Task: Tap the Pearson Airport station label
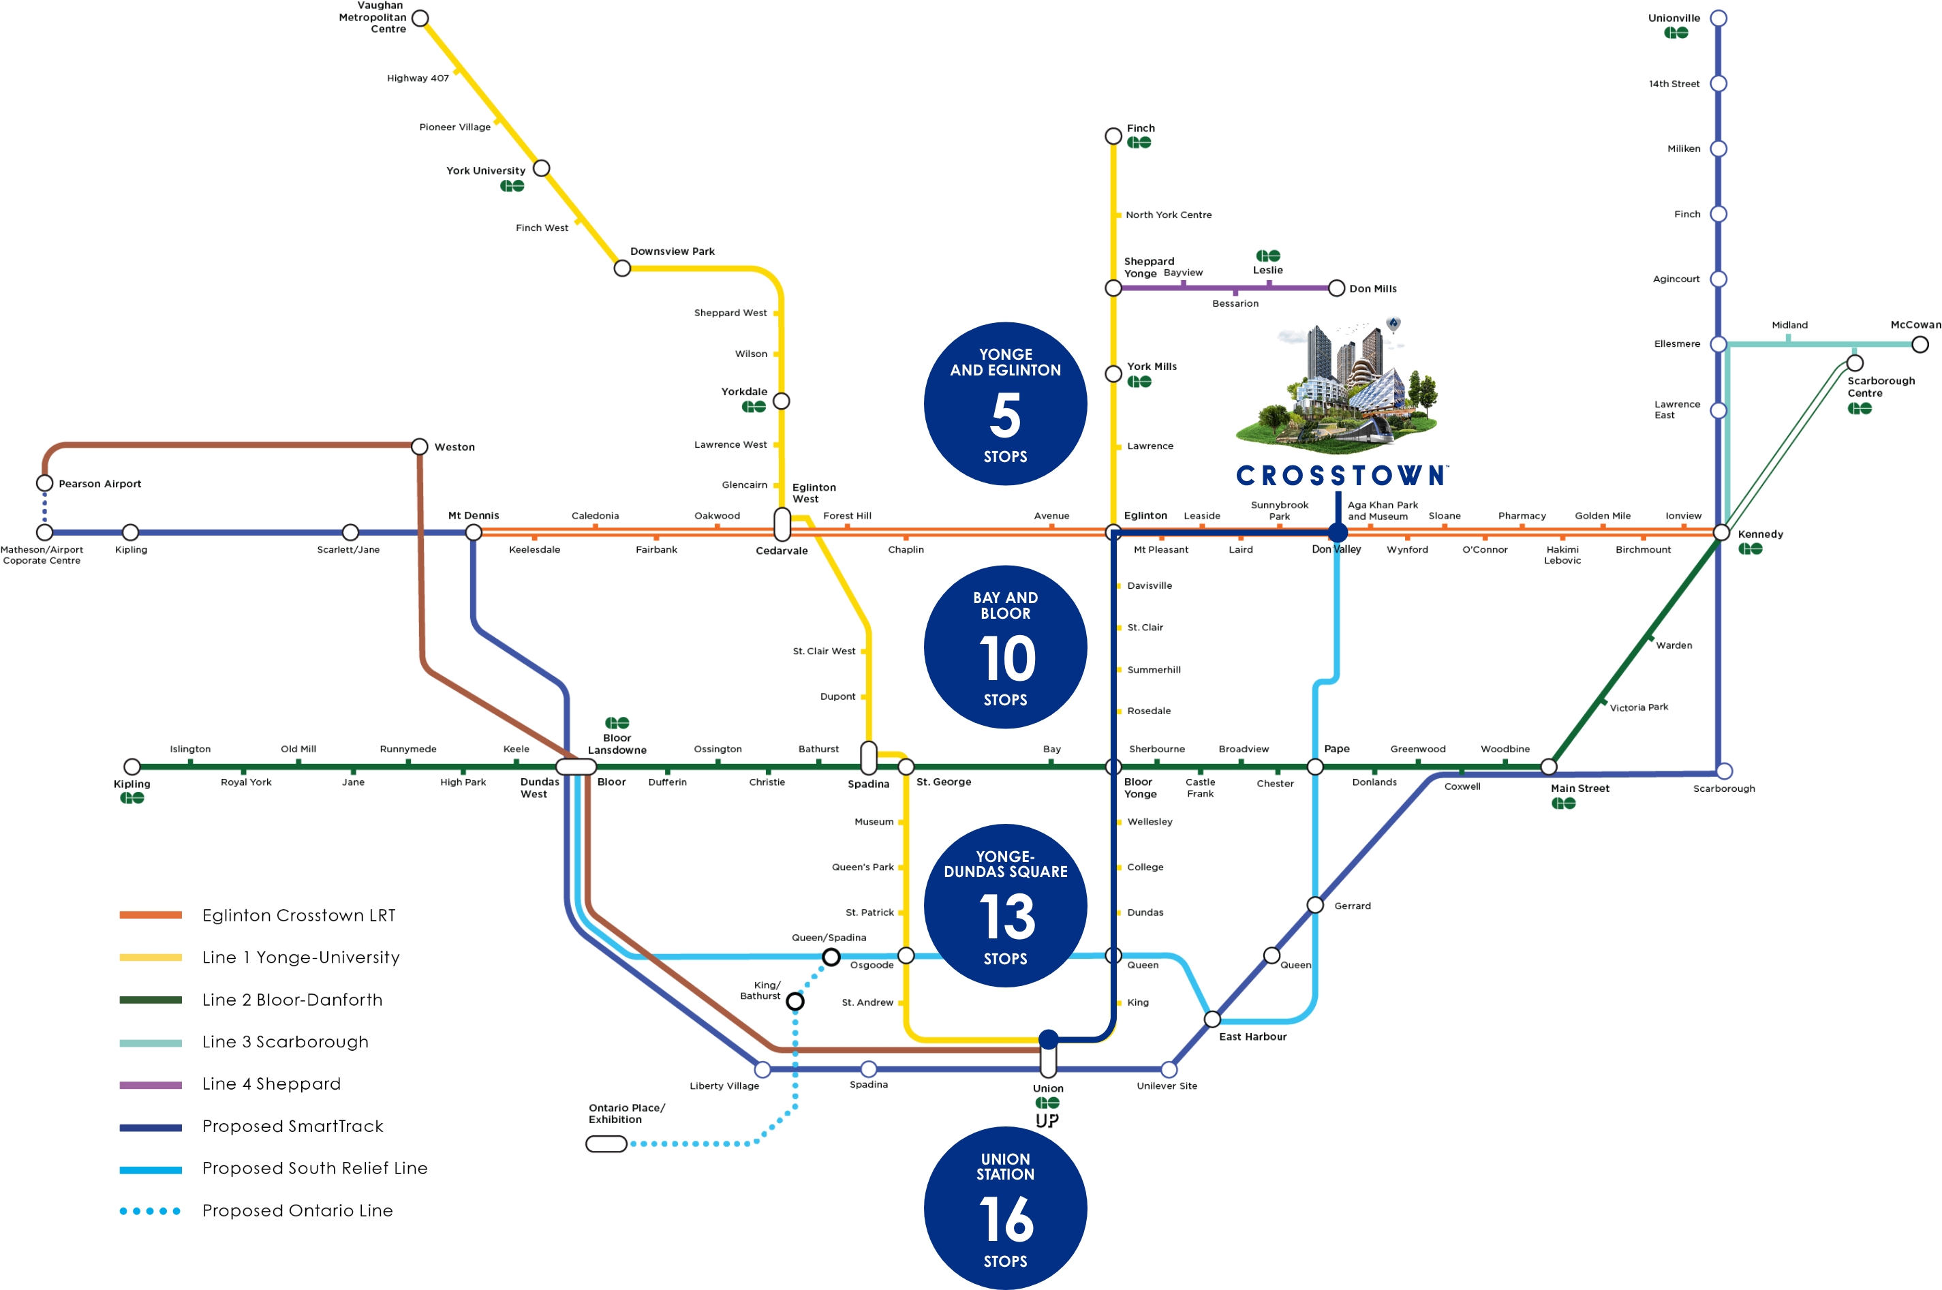99,484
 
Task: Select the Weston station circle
420,447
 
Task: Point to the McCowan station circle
1919,345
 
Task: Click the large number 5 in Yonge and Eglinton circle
1005,416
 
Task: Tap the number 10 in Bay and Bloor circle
1006,658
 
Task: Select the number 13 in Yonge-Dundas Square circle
1006,917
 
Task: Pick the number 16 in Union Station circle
1006,1219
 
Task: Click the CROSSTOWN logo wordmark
1341,476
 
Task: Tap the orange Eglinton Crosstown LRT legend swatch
151,915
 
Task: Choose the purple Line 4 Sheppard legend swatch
151,1084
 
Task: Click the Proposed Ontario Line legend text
298,1210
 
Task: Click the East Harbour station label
1252,1036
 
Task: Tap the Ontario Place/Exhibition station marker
606,1143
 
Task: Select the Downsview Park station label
672,251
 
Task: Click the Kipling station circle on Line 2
132,767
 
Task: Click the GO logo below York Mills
1139,382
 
